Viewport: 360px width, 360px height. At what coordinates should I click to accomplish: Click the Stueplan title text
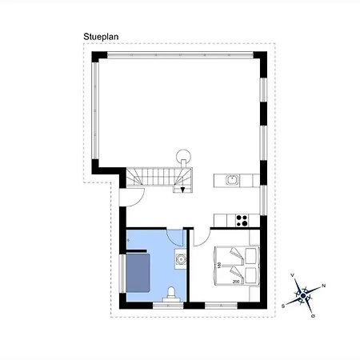(101, 37)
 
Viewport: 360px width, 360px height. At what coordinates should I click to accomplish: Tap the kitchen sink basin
(232, 180)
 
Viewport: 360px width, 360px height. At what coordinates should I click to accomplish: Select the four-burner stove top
(242, 221)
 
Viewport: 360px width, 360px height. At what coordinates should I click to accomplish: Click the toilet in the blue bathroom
(171, 294)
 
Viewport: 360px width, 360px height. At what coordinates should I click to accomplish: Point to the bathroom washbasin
(181, 259)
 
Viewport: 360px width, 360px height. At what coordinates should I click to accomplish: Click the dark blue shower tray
(138, 273)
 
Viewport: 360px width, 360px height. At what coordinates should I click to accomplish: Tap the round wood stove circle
(183, 156)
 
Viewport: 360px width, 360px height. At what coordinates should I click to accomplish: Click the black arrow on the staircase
(182, 190)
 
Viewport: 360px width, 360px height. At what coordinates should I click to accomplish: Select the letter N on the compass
(324, 286)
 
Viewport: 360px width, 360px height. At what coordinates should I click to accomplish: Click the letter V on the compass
(293, 275)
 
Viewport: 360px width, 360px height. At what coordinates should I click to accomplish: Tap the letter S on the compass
(283, 306)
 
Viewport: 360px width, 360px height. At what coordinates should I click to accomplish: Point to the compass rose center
(303, 295)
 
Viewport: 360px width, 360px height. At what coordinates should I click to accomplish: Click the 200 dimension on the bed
(236, 282)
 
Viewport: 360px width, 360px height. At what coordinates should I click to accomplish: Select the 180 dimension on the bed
(219, 265)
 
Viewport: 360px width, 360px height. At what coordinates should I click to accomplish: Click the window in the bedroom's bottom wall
(221, 306)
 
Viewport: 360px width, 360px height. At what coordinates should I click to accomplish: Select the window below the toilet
(168, 306)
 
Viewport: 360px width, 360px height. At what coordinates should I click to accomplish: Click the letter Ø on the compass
(313, 316)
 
